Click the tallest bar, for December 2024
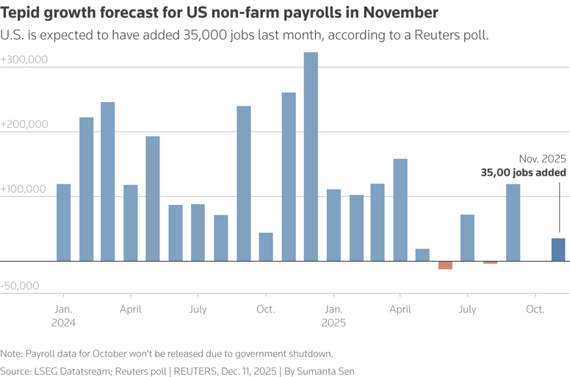[x=311, y=157]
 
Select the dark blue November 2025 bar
[x=558, y=250]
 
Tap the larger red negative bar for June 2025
[x=445, y=265]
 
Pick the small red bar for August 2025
[x=490, y=262]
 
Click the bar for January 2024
[x=64, y=223]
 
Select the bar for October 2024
[x=266, y=247]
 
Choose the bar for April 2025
[x=400, y=209]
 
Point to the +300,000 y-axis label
[x=25, y=60]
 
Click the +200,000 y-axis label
[x=25, y=124]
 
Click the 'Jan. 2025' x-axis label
[x=333, y=316]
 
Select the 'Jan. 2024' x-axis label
[x=64, y=316]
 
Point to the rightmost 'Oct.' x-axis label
[x=535, y=309]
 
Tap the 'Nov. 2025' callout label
[x=542, y=159]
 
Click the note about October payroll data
[x=167, y=353]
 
